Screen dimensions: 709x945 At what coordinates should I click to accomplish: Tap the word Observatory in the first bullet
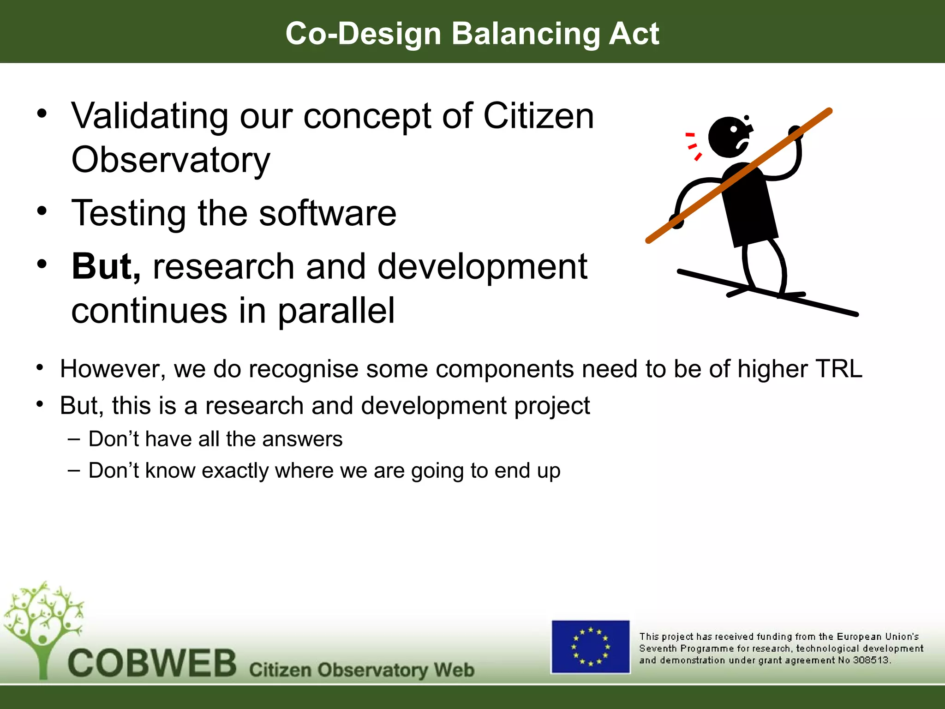tap(171, 160)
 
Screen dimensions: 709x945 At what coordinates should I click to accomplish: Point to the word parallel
tap(336, 311)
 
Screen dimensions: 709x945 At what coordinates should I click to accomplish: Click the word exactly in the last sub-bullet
tap(235, 471)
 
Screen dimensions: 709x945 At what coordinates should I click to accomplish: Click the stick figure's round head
tap(729, 137)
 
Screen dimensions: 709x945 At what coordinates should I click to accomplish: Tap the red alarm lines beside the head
tap(692, 146)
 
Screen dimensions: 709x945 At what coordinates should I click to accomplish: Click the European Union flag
tap(590, 647)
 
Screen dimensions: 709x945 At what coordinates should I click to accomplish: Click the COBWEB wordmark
tap(152, 663)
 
